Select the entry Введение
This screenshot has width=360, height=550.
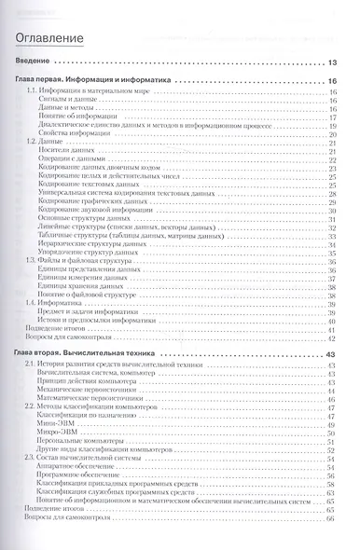click(35, 63)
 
